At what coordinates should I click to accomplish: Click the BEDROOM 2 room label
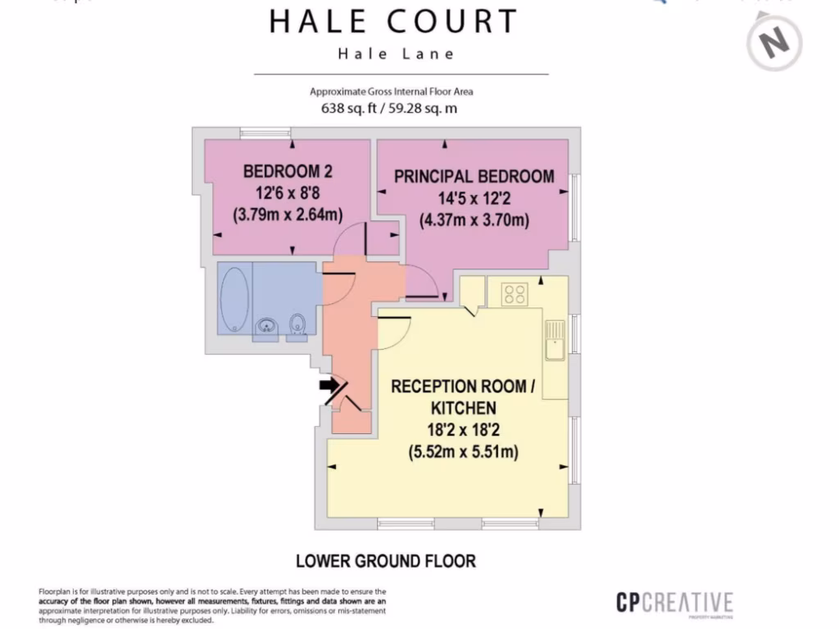click(288, 171)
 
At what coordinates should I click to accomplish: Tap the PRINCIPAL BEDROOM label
click(474, 176)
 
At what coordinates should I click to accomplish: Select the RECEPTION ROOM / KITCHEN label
click(463, 396)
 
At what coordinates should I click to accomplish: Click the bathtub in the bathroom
click(235, 300)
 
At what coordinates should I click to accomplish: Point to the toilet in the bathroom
click(297, 325)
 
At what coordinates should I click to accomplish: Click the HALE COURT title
click(393, 21)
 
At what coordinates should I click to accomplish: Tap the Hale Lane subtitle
click(396, 54)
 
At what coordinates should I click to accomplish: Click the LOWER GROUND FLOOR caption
click(385, 561)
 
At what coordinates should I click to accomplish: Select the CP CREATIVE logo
click(674, 604)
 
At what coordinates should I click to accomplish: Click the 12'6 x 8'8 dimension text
click(288, 193)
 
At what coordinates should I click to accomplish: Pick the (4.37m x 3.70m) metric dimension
click(474, 219)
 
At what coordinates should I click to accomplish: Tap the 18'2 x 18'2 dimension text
click(463, 429)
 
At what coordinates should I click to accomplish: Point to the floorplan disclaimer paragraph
click(212, 605)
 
